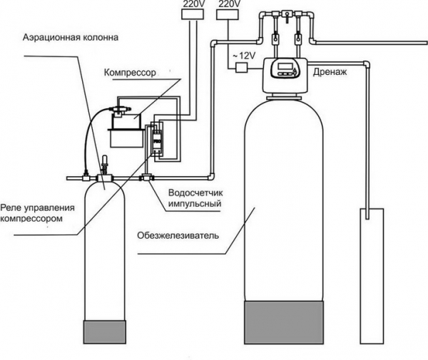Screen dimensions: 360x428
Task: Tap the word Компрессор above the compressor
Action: pos(130,72)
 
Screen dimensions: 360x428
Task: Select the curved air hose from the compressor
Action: pos(90,135)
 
